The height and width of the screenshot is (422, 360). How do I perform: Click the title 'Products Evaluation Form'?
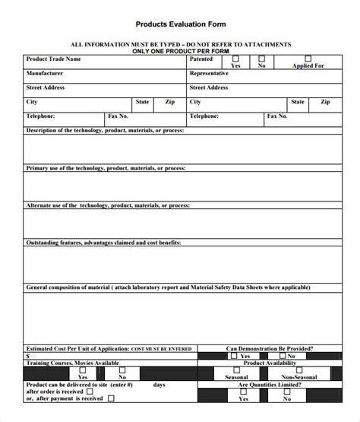180,24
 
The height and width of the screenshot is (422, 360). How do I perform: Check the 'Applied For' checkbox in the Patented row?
308,58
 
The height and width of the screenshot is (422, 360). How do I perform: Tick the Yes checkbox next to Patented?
235,58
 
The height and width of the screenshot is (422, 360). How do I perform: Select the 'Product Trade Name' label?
53,59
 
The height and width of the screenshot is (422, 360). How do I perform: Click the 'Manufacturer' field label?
45,73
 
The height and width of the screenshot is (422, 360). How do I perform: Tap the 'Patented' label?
201,59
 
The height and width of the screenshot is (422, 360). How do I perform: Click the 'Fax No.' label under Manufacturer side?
118,116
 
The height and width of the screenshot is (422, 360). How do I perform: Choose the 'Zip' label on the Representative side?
325,101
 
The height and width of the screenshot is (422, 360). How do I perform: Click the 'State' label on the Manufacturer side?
142,101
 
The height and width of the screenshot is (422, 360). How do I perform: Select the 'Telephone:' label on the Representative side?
204,116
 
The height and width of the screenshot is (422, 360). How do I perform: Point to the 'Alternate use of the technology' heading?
107,205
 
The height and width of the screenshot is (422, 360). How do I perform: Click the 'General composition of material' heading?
167,288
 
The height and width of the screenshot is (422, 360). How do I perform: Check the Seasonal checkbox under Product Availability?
235,370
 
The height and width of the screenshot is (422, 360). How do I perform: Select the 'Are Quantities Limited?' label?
264,385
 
